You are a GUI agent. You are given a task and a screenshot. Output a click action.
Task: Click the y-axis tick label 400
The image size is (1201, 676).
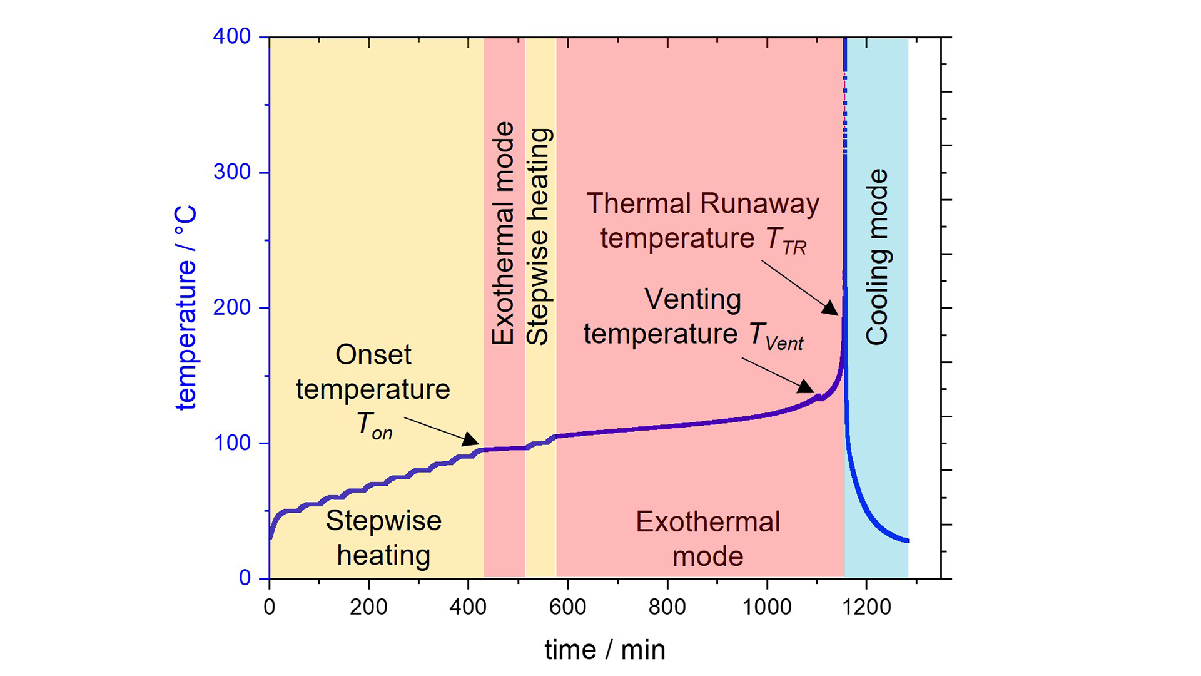pos(231,36)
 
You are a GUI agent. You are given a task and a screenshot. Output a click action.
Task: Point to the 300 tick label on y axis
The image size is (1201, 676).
pos(231,172)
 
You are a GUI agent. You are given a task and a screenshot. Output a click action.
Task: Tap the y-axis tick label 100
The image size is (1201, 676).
pos(231,443)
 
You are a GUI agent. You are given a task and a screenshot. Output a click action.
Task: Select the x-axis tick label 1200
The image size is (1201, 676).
pos(866,607)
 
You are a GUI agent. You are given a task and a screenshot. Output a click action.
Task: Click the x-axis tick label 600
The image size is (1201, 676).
pos(567,607)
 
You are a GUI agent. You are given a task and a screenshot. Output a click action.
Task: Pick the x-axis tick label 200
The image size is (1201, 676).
pos(368,607)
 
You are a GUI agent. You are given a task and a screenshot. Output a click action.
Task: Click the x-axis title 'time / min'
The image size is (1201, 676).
pos(605,650)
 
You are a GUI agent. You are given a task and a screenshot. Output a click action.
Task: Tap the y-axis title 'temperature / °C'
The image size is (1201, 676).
pos(186,308)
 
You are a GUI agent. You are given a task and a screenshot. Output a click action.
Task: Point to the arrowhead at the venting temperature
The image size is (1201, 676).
pos(807,387)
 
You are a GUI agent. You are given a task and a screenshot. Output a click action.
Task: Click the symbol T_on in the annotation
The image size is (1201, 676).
pos(374,425)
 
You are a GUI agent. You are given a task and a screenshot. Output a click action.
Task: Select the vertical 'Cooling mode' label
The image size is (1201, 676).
pos(877,257)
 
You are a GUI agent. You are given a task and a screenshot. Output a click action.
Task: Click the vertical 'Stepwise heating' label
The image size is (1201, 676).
pos(539,237)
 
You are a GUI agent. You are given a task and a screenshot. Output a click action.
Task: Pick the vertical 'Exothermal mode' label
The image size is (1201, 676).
pos(502,233)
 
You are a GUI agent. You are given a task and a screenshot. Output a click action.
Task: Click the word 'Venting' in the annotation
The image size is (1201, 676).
pos(692,299)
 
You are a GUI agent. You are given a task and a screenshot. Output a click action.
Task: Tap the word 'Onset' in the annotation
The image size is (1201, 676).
pos(373,355)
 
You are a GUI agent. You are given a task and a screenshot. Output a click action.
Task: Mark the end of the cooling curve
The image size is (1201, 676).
pos(906,540)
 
